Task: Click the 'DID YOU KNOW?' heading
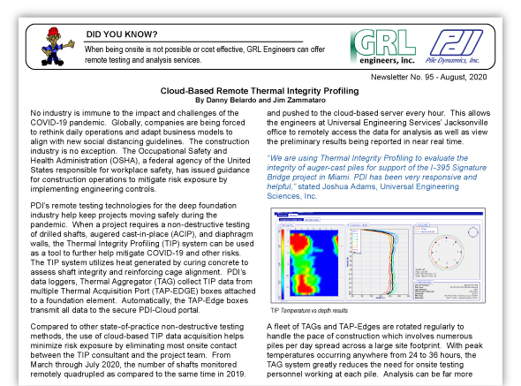click(121, 34)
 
